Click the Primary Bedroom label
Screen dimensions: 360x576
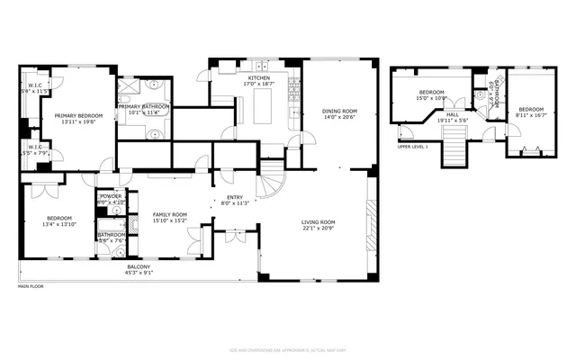(78, 115)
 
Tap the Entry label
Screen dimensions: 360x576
(234, 197)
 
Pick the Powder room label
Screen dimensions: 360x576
(111, 196)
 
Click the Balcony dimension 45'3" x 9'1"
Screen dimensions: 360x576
(140, 273)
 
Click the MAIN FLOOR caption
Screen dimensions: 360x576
(31, 287)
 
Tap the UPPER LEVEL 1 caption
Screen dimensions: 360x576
(413, 146)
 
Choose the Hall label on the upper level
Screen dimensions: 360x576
(454, 115)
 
